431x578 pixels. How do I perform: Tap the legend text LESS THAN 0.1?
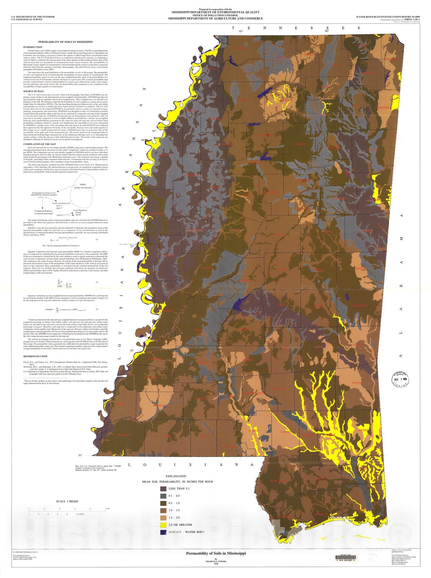[x=179, y=488]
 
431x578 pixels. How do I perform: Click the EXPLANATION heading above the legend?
[x=176, y=476]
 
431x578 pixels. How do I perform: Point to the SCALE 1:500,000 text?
[x=67, y=501]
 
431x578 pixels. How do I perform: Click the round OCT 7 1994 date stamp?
[x=400, y=379]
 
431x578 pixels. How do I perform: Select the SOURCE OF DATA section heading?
[x=34, y=91]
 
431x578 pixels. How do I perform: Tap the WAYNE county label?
[x=357, y=383]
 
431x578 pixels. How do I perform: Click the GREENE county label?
[x=363, y=430]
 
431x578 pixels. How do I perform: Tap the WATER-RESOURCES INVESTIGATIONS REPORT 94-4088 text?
[x=388, y=17]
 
